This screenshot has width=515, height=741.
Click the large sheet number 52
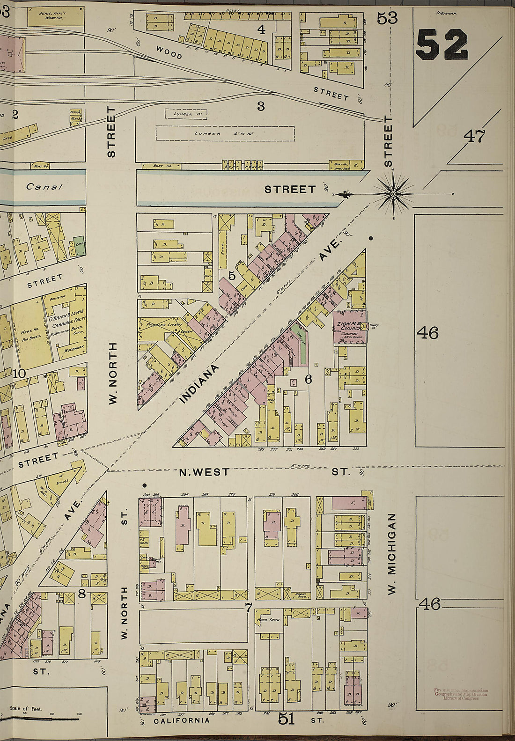click(441, 44)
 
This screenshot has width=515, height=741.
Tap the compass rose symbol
click(393, 193)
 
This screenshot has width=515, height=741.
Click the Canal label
click(44, 187)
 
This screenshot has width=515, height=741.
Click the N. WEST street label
click(205, 472)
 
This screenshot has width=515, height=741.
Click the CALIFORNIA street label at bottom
click(182, 720)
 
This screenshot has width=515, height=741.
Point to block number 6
click(308, 380)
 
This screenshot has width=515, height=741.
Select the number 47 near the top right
click(474, 136)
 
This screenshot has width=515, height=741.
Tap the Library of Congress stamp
click(459, 694)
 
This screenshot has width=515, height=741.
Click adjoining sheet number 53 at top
click(387, 18)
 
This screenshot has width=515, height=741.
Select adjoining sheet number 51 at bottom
click(286, 718)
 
